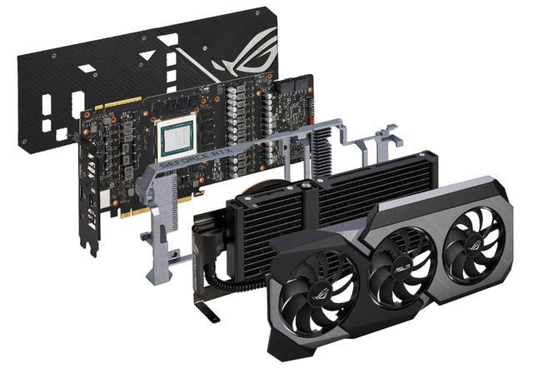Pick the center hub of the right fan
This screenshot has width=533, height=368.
point(473,235)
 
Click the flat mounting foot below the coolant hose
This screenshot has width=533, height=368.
point(208,311)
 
